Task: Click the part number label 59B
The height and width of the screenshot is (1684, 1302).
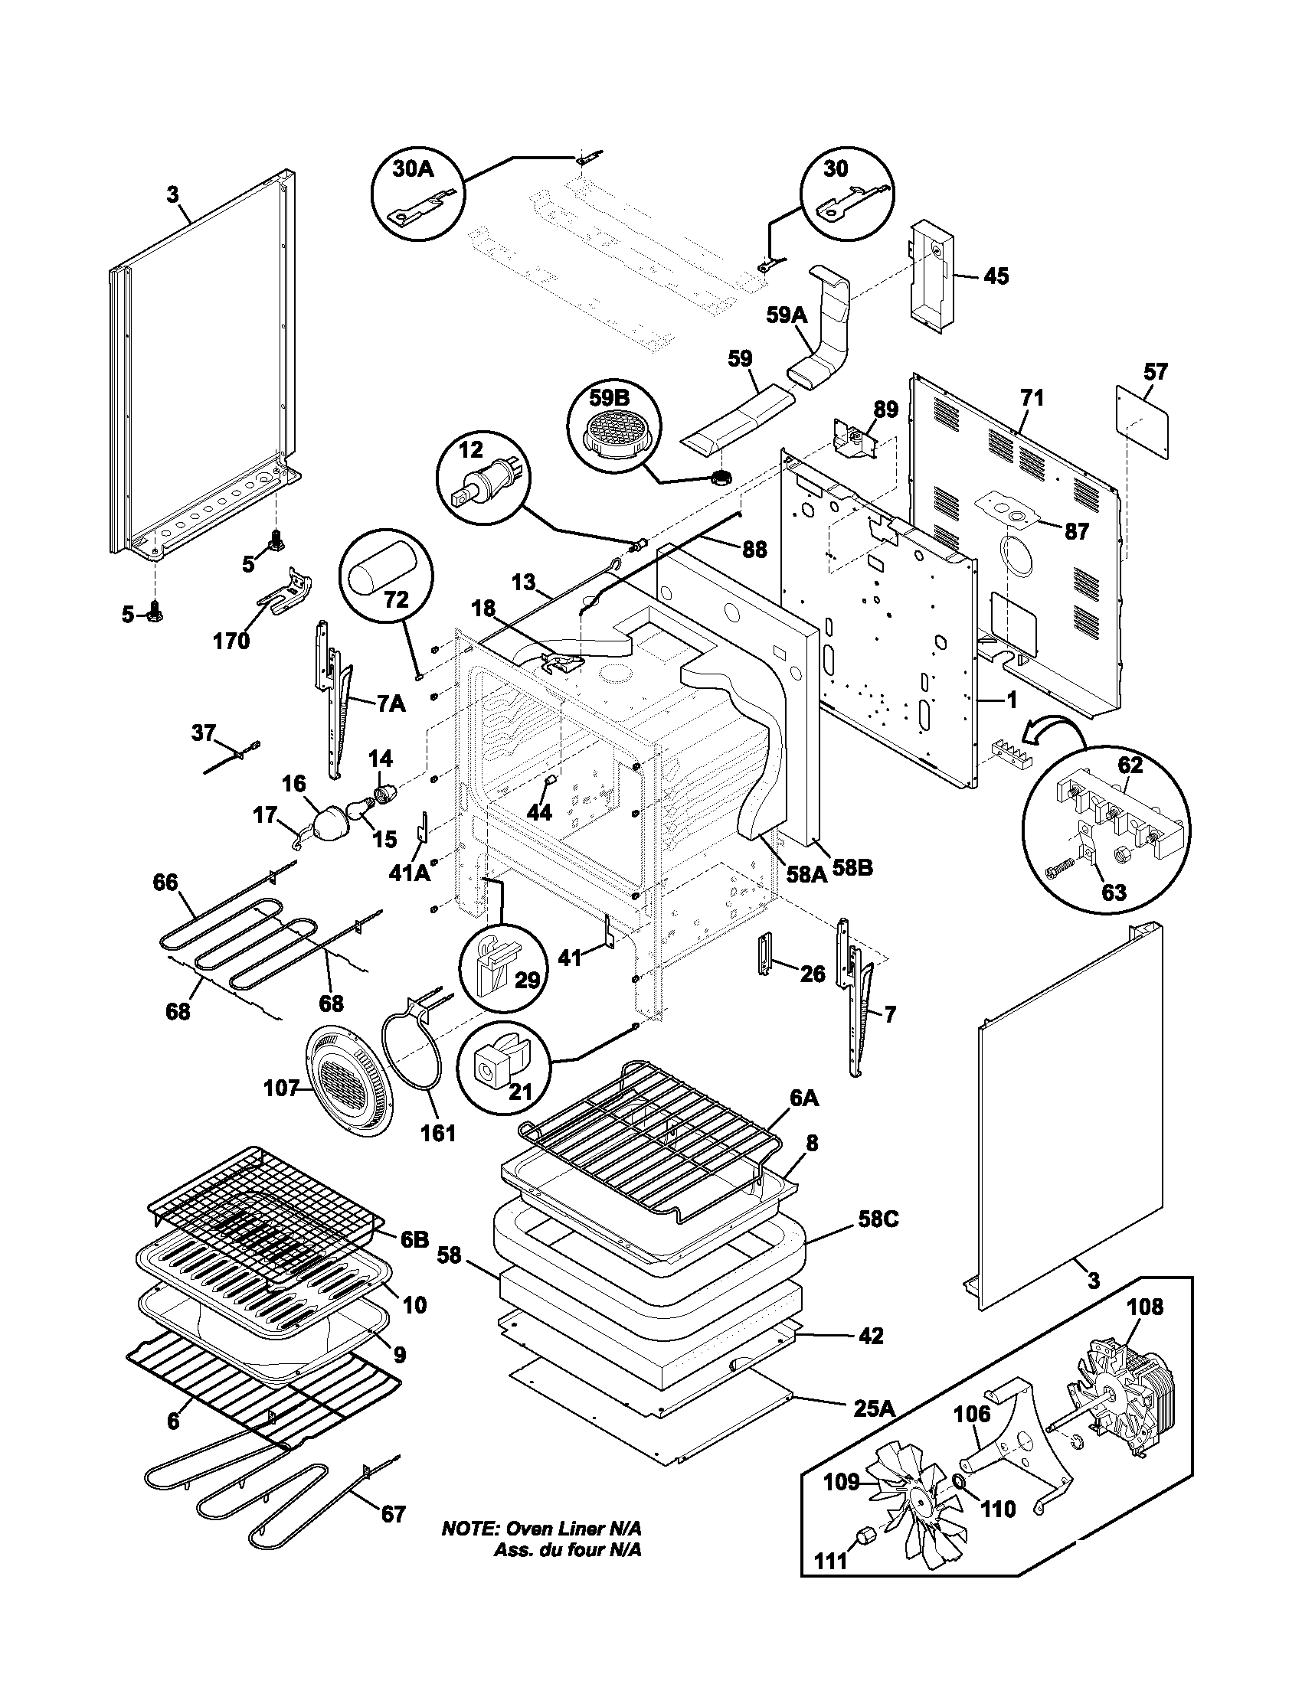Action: click(x=609, y=398)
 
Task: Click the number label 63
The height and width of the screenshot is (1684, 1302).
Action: click(x=1114, y=892)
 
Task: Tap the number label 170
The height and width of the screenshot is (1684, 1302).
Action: click(x=232, y=641)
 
